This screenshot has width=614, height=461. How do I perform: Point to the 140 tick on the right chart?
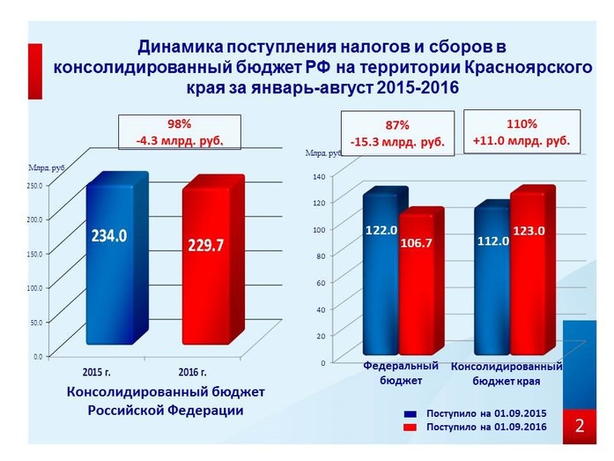pyautogui.click(x=319, y=176)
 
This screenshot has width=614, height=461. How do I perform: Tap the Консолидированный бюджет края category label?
pyautogui.click(x=507, y=373)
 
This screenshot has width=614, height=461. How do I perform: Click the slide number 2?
pyautogui.click(x=581, y=426)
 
